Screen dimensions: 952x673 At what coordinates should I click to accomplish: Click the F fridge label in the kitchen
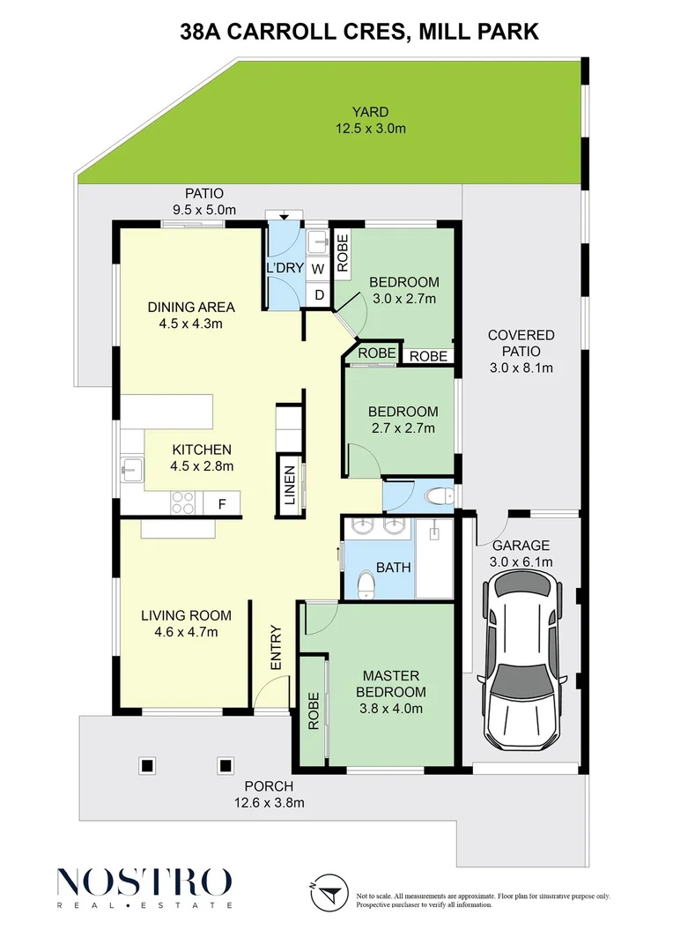pos(221,503)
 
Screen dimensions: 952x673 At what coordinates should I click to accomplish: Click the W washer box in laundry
pos(318,268)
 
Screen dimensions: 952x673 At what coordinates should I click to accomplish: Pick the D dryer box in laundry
pos(318,294)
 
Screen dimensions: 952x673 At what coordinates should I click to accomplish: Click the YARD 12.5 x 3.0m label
pos(370,120)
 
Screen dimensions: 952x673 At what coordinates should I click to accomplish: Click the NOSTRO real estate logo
pos(144,886)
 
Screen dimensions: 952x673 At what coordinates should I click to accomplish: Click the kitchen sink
pos(130,468)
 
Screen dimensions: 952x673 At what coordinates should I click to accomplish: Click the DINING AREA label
pos(190,315)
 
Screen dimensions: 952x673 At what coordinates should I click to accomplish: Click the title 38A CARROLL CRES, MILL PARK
pos(359,33)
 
